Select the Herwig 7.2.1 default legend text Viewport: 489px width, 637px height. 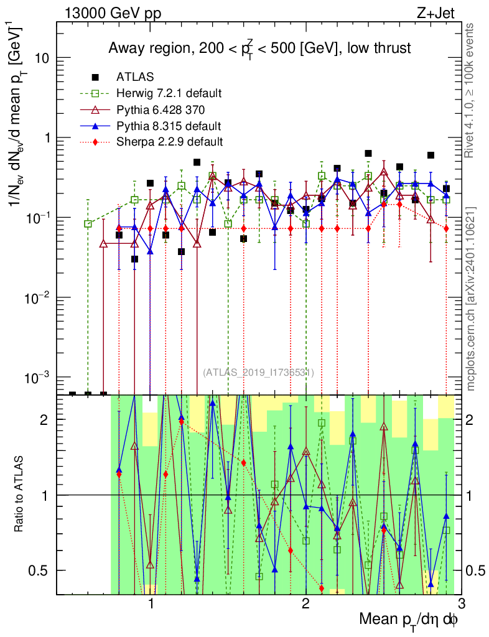(x=169, y=94)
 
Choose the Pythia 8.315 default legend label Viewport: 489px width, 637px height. (x=168, y=126)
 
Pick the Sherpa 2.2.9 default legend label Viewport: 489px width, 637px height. (x=169, y=142)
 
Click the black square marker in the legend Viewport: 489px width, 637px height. (x=95, y=78)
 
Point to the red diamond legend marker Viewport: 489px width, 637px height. (x=95, y=142)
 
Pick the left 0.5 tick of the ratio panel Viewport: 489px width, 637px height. (x=42, y=570)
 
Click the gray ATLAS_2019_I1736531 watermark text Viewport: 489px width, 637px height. (x=258, y=373)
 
